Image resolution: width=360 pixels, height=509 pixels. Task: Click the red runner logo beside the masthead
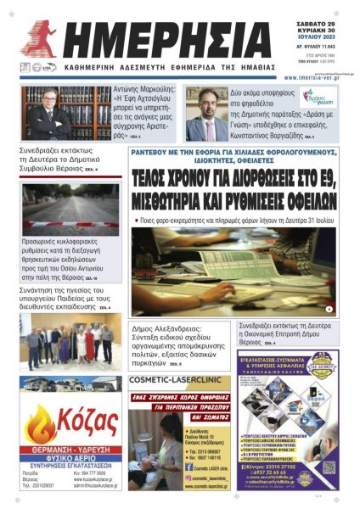click(x=42, y=38)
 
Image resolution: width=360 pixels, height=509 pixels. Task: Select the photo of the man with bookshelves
click(x=54, y=113)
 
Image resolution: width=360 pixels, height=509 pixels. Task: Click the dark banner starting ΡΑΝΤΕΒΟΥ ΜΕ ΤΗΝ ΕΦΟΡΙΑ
click(x=234, y=154)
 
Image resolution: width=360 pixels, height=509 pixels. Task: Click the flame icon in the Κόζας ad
click(x=39, y=422)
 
